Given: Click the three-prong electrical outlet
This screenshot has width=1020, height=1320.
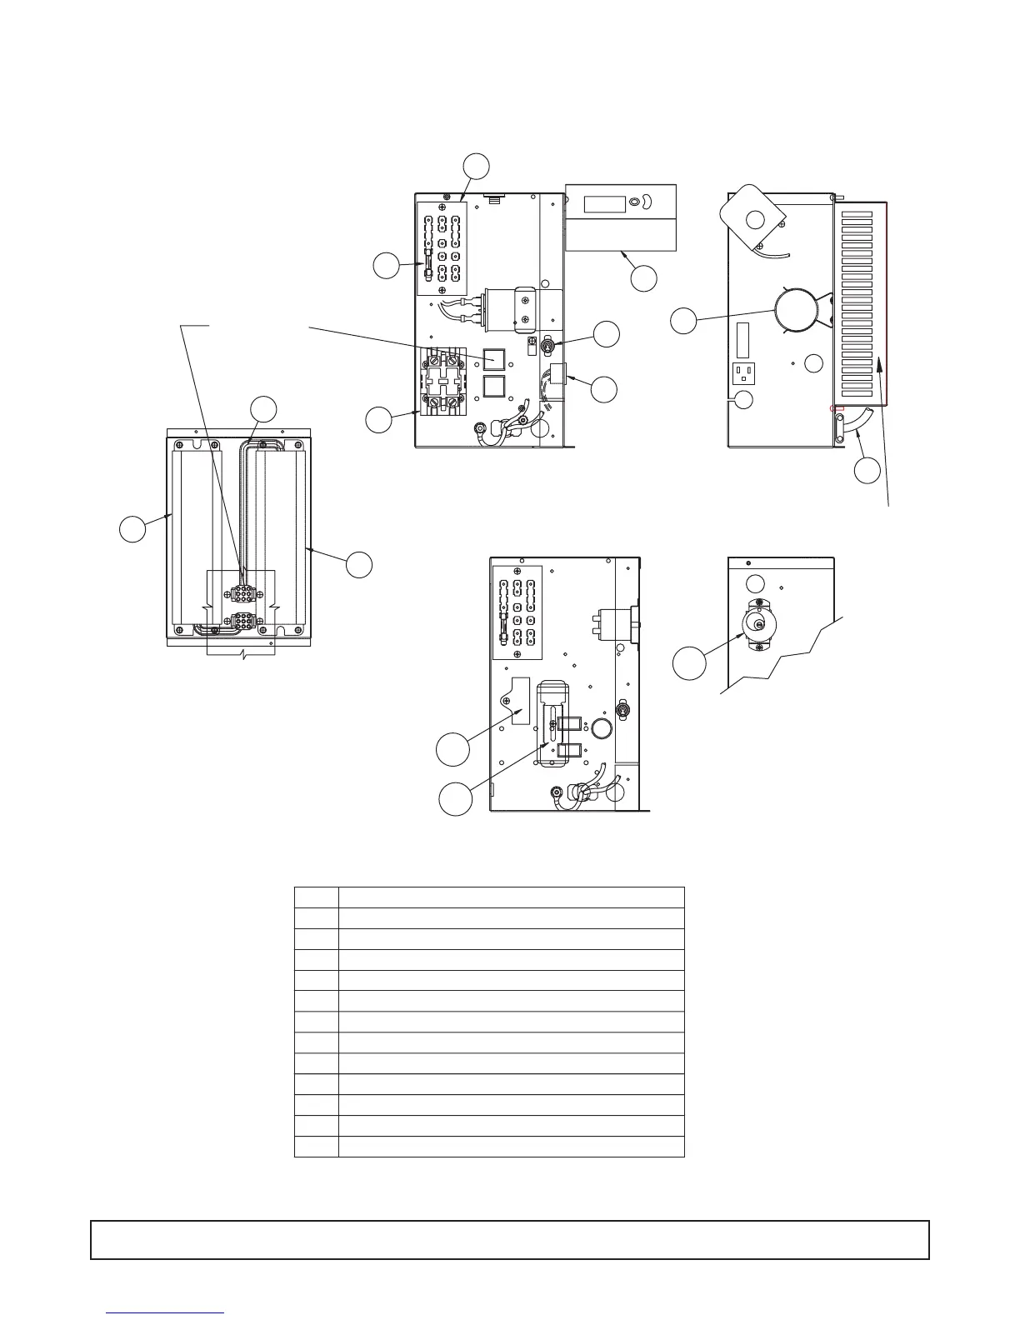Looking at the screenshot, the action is click(x=744, y=372).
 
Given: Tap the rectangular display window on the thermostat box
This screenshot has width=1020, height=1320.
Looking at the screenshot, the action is click(x=604, y=202).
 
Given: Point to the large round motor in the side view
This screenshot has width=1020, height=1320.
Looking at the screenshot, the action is click(x=797, y=310).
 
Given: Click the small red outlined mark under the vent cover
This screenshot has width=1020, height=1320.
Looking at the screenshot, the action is click(x=837, y=408).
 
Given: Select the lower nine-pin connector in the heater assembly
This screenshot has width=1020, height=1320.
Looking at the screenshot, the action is click(x=244, y=622).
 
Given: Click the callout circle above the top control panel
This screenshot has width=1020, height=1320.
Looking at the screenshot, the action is click(x=476, y=165).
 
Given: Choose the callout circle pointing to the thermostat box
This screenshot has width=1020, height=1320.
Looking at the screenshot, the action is click(x=643, y=278).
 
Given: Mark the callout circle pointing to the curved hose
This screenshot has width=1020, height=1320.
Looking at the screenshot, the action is click(x=867, y=471).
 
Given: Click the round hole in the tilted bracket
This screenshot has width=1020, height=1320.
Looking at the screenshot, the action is click(x=755, y=219).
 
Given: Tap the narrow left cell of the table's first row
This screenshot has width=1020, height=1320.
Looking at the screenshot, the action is click(x=317, y=897).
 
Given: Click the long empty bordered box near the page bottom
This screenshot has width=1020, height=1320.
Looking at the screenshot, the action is click(x=509, y=1239).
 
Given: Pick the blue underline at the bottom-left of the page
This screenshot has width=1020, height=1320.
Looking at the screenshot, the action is click(x=166, y=1312).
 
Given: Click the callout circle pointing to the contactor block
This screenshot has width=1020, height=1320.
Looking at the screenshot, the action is click(x=379, y=420).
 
